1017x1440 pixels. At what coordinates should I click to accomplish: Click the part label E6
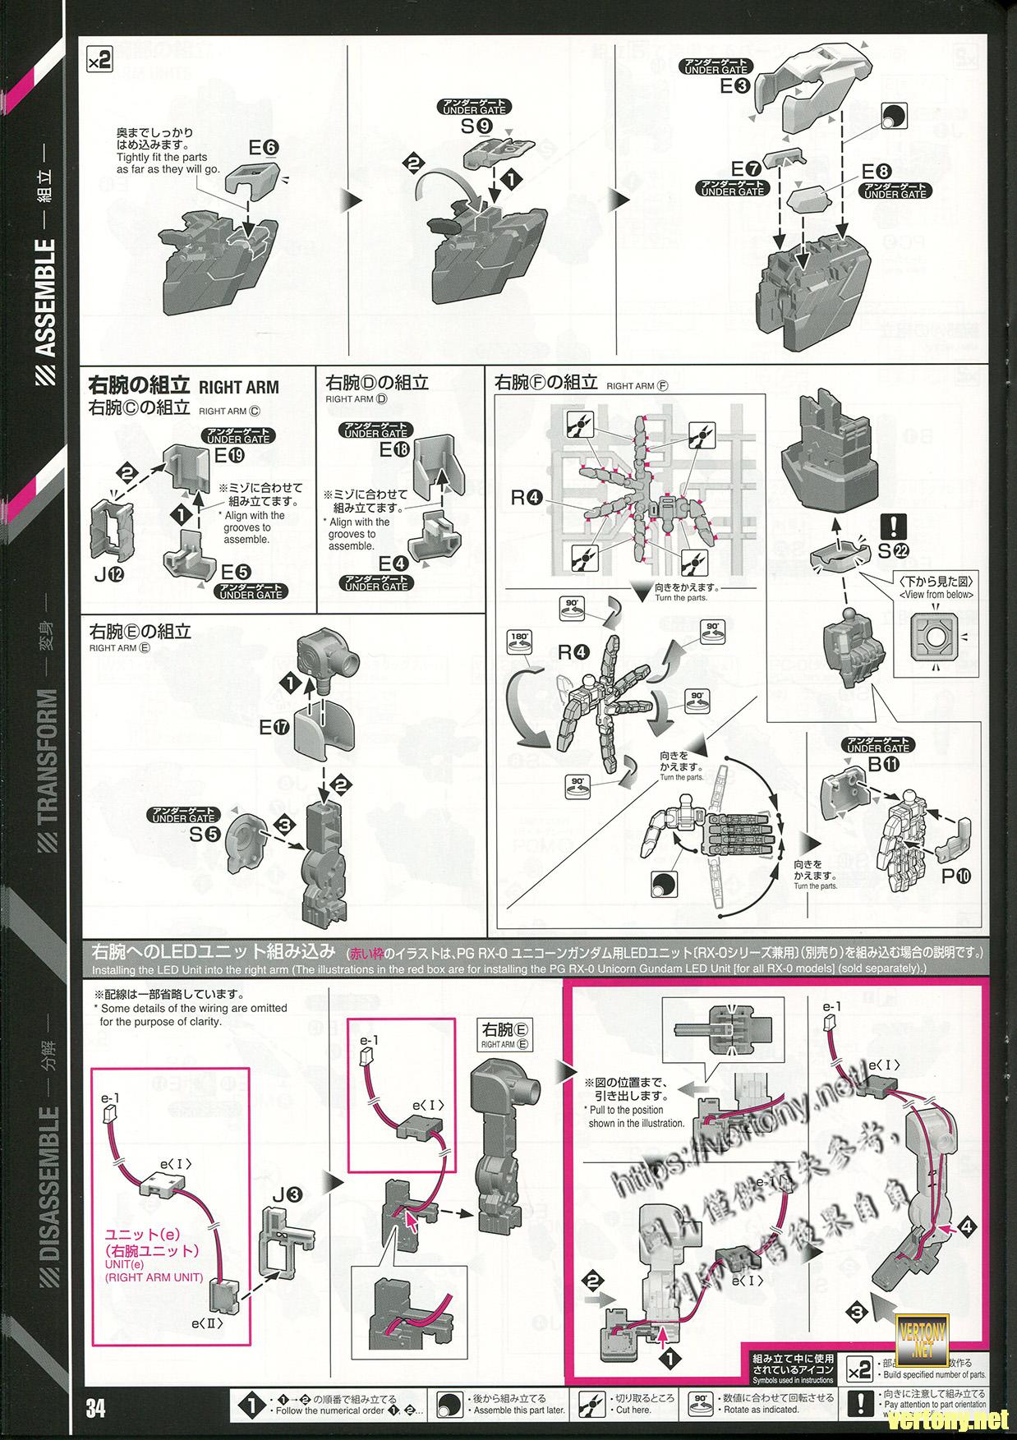click(x=264, y=149)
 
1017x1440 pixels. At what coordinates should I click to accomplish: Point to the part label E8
click(x=876, y=173)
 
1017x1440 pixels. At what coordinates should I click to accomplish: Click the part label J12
click(x=109, y=575)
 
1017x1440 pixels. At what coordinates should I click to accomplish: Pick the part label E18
click(x=395, y=450)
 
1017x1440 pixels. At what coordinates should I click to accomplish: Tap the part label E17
click(x=275, y=727)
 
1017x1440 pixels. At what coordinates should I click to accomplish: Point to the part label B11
click(x=878, y=765)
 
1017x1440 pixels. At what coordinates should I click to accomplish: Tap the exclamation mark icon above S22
click(x=888, y=525)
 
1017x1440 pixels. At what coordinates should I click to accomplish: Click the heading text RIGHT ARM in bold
click(x=239, y=387)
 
